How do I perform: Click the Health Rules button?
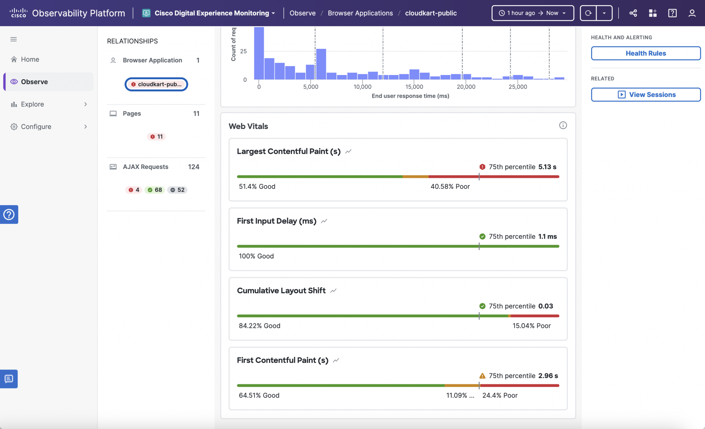(645, 53)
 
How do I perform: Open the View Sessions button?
(645, 95)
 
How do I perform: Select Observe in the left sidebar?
(34, 82)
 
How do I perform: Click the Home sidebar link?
(30, 60)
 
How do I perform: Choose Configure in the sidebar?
(36, 127)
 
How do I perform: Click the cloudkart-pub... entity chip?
(156, 84)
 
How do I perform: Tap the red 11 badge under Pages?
(156, 137)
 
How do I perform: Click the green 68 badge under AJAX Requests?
(155, 190)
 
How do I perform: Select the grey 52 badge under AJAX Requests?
(177, 190)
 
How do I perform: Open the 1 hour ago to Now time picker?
(533, 13)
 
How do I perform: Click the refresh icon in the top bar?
(588, 13)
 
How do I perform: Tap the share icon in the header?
(633, 13)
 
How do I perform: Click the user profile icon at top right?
(692, 13)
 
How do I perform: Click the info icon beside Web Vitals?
(563, 126)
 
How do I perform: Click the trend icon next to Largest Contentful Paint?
(348, 151)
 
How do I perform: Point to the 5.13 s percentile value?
(547, 167)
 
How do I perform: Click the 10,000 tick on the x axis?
(362, 87)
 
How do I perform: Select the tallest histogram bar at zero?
(259, 53)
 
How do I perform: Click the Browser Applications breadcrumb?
(360, 13)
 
